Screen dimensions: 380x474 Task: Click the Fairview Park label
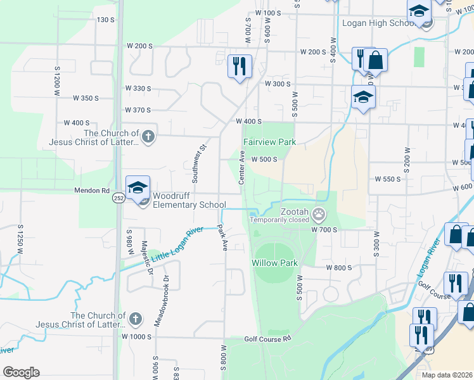(269, 142)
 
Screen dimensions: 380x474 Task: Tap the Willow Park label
(274, 262)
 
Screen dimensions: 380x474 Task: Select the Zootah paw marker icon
(319, 215)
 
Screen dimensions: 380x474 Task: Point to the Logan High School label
(378, 23)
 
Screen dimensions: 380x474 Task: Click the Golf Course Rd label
(267, 339)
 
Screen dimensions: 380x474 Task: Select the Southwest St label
(199, 162)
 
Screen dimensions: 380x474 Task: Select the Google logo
(21, 372)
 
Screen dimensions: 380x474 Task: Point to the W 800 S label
(338, 268)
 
